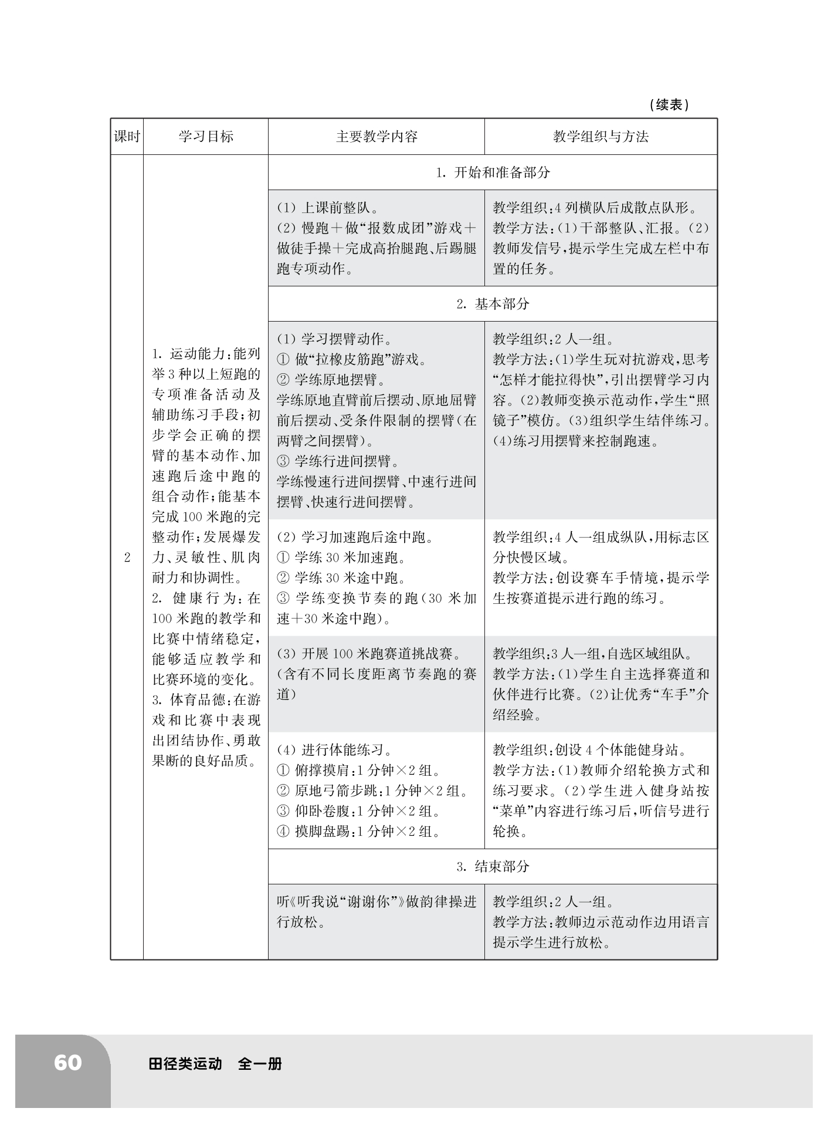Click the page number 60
[x=67, y=1062]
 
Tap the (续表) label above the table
[x=669, y=105]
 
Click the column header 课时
[x=127, y=137]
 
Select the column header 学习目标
[x=206, y=137]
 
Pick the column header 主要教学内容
[x=377, y=137]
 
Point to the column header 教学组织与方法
[x=601, y=137]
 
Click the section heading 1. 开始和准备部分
[x=493, y=173]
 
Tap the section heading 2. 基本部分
[x=493, y=304]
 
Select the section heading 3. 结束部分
[x=493, y=867]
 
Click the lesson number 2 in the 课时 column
[x=127, y=557]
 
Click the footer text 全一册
[x=260, y=1063]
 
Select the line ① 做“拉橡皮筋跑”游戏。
[x=351, y=360]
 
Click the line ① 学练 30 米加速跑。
[x=342, y=558]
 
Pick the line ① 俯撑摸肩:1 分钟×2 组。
[x=358, y=771]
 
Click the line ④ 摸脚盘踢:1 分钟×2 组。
[x=358, y=832]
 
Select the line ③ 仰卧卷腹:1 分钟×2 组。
[x=358, y=811]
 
